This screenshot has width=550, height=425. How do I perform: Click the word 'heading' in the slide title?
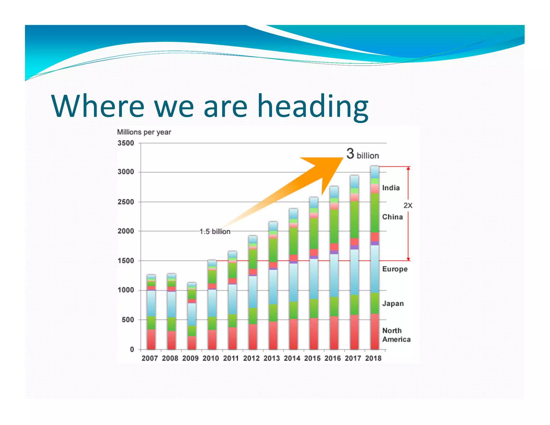coord(313,106)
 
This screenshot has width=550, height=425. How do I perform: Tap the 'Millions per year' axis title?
coord(144,132)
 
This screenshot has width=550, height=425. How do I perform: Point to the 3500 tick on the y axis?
coord(126,143)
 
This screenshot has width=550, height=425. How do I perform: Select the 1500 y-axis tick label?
coord(126,261)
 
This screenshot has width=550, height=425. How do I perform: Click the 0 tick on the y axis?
coord(132,349)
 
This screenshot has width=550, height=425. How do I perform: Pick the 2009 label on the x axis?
coord(190,358)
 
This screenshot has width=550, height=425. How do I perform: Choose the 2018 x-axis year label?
coord(373,358)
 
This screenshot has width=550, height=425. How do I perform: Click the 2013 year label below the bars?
coord(272,358)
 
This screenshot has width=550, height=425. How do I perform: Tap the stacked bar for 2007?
coord(151,312)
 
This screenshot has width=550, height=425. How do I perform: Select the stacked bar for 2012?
coord(253,293)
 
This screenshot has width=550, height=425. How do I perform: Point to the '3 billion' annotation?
coord(363,154)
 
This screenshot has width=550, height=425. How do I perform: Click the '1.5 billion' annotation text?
coord(215,232)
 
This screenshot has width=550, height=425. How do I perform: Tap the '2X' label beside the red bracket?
coord(408,206)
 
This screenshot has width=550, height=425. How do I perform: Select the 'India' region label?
coord(391,188)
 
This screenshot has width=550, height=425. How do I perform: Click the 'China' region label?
coord(392,217)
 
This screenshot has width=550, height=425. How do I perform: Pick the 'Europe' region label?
coord(395,269)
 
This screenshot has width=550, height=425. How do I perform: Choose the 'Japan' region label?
coord(393,304)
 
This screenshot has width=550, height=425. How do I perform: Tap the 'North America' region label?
coord(396,335)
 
